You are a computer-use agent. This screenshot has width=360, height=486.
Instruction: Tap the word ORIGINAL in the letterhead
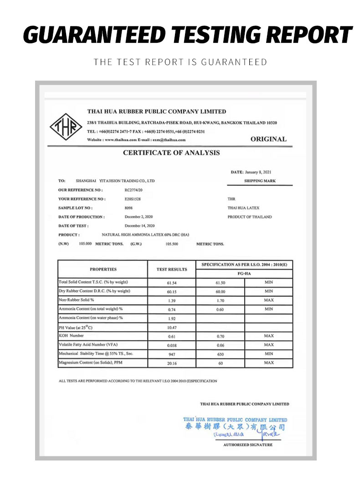coord(268,139)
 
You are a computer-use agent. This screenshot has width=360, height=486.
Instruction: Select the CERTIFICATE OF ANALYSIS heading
coord(171,153)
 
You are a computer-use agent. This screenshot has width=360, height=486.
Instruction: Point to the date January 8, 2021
coord(258,172)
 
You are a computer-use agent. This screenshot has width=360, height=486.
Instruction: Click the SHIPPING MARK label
coord(260,181)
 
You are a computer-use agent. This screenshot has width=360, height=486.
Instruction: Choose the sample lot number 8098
coord(129,208)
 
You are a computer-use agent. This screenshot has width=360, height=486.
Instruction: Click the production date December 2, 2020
coord(140,217)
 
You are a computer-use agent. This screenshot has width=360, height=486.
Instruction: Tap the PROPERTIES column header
coord(103,269)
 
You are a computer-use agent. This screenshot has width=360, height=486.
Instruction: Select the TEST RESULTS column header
coord(172,269)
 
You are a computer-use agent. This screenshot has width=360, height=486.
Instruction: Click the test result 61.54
coord(172,282)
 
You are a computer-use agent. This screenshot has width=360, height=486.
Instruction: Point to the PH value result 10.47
coord(172,327)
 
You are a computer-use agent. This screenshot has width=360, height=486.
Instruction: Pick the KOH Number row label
coord(72,336)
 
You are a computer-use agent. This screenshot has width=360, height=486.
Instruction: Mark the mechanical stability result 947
coord(172,354)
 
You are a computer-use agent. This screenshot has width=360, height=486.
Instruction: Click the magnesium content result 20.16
coord(172,363)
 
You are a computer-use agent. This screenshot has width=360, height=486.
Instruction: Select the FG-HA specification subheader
coord(244,274)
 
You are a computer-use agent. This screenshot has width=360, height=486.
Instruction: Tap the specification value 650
coord(221,354)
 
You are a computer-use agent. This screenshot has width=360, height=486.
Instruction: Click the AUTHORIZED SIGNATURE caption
coord(248,445)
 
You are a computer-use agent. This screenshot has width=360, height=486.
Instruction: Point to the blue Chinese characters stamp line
coord(235,427)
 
